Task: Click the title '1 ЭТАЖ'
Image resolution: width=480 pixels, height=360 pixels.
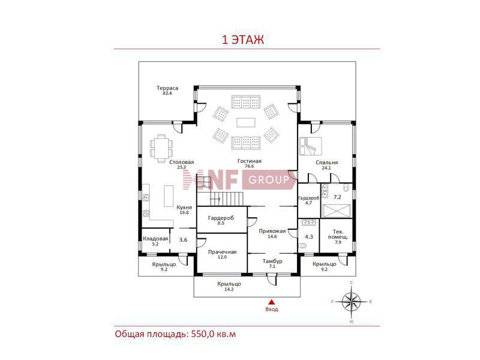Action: [243, 40]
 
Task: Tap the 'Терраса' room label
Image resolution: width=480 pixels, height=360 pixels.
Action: [167, 88]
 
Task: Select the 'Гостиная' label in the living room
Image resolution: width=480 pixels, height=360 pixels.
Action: [249, 161]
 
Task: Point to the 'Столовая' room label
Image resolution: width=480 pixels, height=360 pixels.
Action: [181, 162]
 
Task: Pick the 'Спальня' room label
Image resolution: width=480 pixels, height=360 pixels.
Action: [327, 162]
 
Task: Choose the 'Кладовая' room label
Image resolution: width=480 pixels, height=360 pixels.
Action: [155, 238]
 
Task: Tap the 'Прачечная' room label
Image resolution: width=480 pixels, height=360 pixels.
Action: [222, 252]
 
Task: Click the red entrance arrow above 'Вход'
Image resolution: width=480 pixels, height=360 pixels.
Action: [271, 302]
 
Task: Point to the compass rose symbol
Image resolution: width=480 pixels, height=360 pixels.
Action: [351, 301]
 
